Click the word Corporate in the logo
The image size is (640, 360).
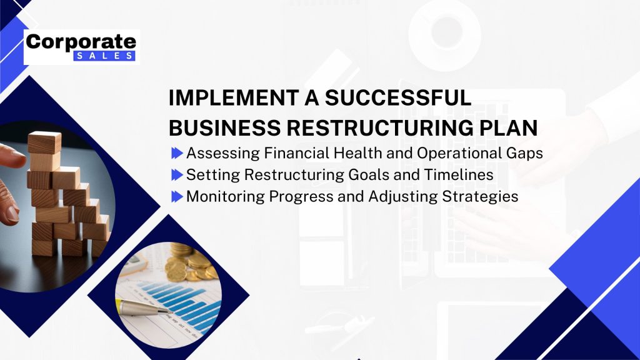pos(81,42)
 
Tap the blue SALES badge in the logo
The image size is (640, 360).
pos(104,56)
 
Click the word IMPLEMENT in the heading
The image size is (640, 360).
pos(234,98)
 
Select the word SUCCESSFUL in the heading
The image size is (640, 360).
pos(398,98)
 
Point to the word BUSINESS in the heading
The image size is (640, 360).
pos(224,127)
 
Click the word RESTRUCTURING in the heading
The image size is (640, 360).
pos(380,127)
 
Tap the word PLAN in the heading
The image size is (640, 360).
pos(509,127)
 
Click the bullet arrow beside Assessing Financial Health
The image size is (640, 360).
pos(177,154)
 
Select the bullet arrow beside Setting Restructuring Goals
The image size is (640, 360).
pos(177,175)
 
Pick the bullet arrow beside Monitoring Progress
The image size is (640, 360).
pos(177,197)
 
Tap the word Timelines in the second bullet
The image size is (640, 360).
pos(459,175)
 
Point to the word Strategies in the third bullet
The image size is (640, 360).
pos(481,197)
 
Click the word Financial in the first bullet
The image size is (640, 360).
pos(297,153)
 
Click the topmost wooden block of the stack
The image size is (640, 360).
pos(44,142)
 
